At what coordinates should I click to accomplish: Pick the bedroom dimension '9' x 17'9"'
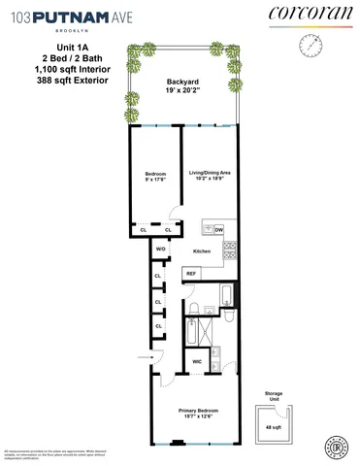tap(155, 180)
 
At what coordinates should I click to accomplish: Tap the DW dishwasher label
tap(218, 229)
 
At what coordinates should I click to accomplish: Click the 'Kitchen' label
tap(201, 251)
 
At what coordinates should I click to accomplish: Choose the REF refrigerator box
tap(190, 274)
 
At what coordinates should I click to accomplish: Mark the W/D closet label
tap(161, 250)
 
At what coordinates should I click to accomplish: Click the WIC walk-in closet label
tap(196, 360)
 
